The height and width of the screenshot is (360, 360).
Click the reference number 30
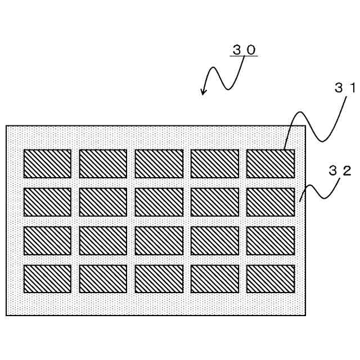[244, 49]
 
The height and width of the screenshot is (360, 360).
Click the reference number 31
[345, 88]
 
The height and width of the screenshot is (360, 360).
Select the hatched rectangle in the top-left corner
[47, 164]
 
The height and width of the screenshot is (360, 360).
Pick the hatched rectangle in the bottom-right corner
[271, 278]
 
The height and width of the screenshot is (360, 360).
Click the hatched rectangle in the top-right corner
[271, 164]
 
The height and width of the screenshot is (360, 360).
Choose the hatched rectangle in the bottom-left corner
[47, 278]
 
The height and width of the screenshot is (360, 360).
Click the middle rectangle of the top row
[159, 164]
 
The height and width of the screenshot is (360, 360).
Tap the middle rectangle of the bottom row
[159, 278]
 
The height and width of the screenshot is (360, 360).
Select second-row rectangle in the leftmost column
[47, 202]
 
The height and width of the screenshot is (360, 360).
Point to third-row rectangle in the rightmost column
[271, 240]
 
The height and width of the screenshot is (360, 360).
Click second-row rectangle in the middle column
[159, 202]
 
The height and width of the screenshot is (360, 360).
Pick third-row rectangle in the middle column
[159, 240]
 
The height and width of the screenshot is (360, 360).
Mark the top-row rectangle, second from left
[103, 164]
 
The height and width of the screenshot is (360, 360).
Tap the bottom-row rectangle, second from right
[214, 278]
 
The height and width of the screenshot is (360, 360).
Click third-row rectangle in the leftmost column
[47, 240]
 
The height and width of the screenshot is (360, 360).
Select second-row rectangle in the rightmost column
[271, 202]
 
